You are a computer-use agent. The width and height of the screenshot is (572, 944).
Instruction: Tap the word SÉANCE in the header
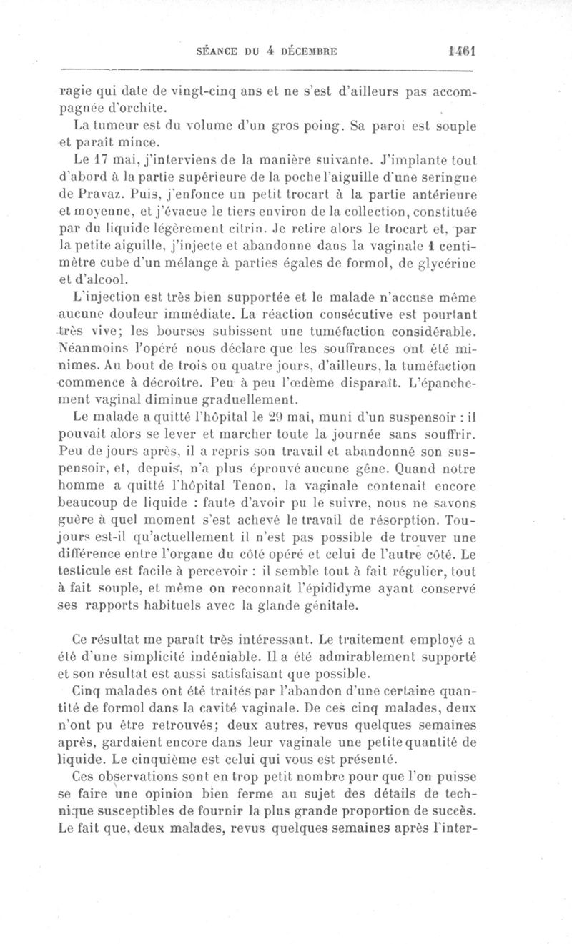point(217,51)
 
